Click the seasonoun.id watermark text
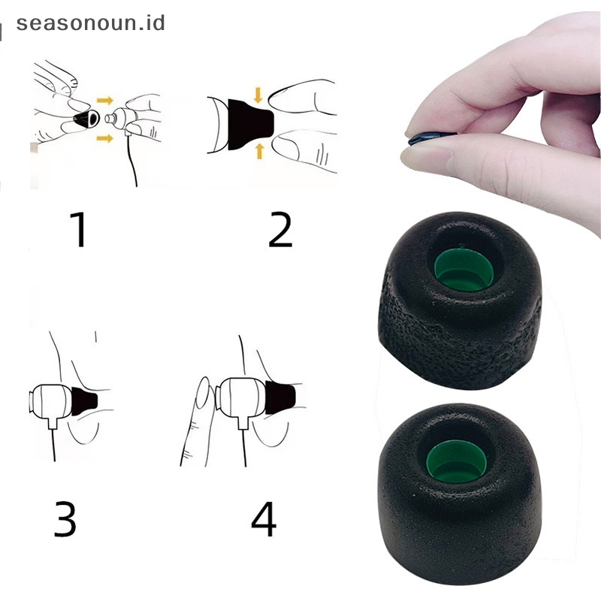(89, 22)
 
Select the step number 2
(279, 229)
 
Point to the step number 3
(65, 519)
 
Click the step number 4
(264, 519)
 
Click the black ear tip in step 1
(87, 119)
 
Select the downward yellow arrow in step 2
(258, 95)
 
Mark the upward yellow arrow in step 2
(259, 151)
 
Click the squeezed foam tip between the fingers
(425, 137)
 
